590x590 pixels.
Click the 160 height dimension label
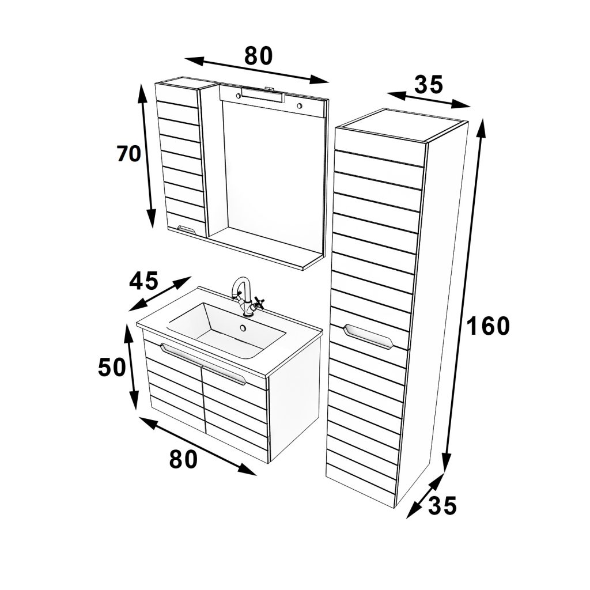point(488,326)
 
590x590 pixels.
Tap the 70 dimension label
point(128,153)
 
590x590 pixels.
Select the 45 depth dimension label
point(143,281)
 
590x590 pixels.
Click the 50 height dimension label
point(111,367)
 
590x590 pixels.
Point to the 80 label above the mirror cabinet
point(258,56)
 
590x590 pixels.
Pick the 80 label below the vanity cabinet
point(183,459)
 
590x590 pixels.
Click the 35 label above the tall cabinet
point(429,85)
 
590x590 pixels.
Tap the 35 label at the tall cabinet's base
point(442,505)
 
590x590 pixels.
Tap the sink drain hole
point(243,328)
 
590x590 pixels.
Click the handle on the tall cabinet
point(369,336)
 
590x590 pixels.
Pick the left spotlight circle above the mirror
point(238,96)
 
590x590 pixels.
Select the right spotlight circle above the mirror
point(300,106)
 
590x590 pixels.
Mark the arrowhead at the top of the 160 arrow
point(482,127)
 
